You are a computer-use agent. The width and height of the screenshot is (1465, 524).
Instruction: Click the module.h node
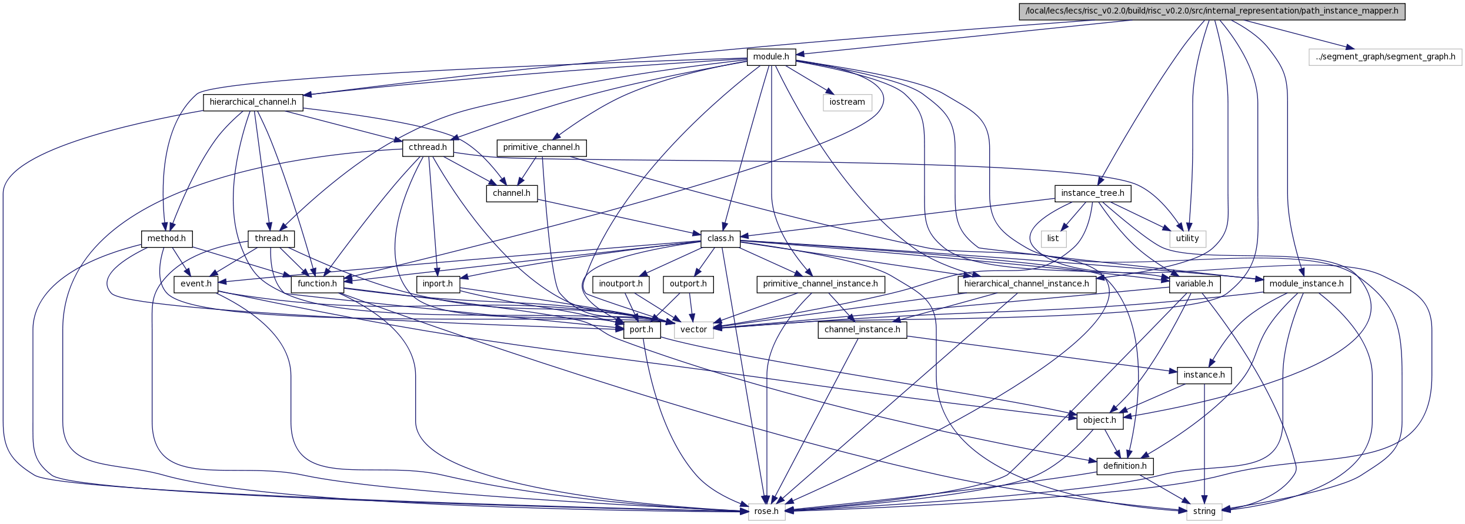point(771,57)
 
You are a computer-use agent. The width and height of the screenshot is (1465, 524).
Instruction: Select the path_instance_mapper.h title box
point(1212,11)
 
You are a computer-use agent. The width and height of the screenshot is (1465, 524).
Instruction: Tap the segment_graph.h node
point(1386,57)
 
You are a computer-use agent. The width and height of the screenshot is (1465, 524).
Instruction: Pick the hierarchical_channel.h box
point(253,102)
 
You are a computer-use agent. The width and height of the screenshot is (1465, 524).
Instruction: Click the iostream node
point(847,102)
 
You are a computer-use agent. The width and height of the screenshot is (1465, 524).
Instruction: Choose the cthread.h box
point(428,148)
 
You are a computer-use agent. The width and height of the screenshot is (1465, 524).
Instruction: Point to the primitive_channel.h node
point(541,148)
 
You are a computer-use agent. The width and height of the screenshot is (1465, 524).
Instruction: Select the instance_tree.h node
point(1093,193)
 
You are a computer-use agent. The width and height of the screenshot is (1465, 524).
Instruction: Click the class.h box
point(720,239)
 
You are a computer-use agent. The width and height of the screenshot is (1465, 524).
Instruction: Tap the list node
point(1053,239)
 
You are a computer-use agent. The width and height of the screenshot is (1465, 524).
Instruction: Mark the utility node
point(1187,239)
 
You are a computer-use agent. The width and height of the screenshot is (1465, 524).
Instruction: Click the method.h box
point(166,239)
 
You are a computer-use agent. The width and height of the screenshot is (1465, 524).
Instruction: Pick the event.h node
point(196,284)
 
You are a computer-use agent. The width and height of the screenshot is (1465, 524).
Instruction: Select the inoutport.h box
point(620,284)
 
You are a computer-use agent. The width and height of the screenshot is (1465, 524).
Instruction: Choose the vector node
point(693,330)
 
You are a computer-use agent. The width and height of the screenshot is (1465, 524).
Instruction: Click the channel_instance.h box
point(862,330)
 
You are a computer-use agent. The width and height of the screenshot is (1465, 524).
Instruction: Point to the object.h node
point(1100,420)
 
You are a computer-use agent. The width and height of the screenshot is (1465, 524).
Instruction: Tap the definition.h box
point(1125,466)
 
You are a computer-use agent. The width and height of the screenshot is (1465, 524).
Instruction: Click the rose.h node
point(766,512)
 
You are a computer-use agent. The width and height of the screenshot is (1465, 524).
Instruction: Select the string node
point(1204,512)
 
